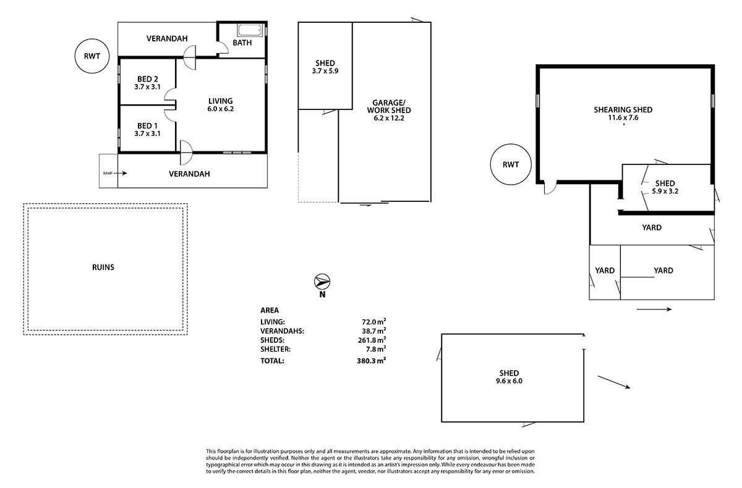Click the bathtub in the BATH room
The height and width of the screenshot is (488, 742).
(250, 30)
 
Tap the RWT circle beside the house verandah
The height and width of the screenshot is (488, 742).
(92, 56)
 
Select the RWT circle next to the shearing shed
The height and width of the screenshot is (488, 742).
(511, 164)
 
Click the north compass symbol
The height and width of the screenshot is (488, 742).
(322, 282)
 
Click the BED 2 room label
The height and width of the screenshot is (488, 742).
(147, 79)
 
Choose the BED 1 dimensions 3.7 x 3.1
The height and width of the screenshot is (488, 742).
(147, 133)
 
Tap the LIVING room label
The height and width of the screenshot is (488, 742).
(220, 101)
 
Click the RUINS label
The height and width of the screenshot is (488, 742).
(103, 267)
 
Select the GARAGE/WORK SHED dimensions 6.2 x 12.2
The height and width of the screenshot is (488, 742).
(389, 118)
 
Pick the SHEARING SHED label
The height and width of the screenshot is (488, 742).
(623, 109)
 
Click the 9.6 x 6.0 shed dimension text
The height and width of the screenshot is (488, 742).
(509, 381)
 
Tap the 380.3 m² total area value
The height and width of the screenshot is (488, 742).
(372, 360)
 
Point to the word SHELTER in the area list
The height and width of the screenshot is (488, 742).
(275, 349)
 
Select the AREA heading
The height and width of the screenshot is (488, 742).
(270, 310)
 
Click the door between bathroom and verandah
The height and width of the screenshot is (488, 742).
(223, 48)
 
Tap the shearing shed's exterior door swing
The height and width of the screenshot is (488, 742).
(550, 188)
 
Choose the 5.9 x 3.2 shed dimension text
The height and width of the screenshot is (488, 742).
(665, 191)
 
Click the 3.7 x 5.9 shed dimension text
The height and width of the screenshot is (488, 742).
(325, 71)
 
